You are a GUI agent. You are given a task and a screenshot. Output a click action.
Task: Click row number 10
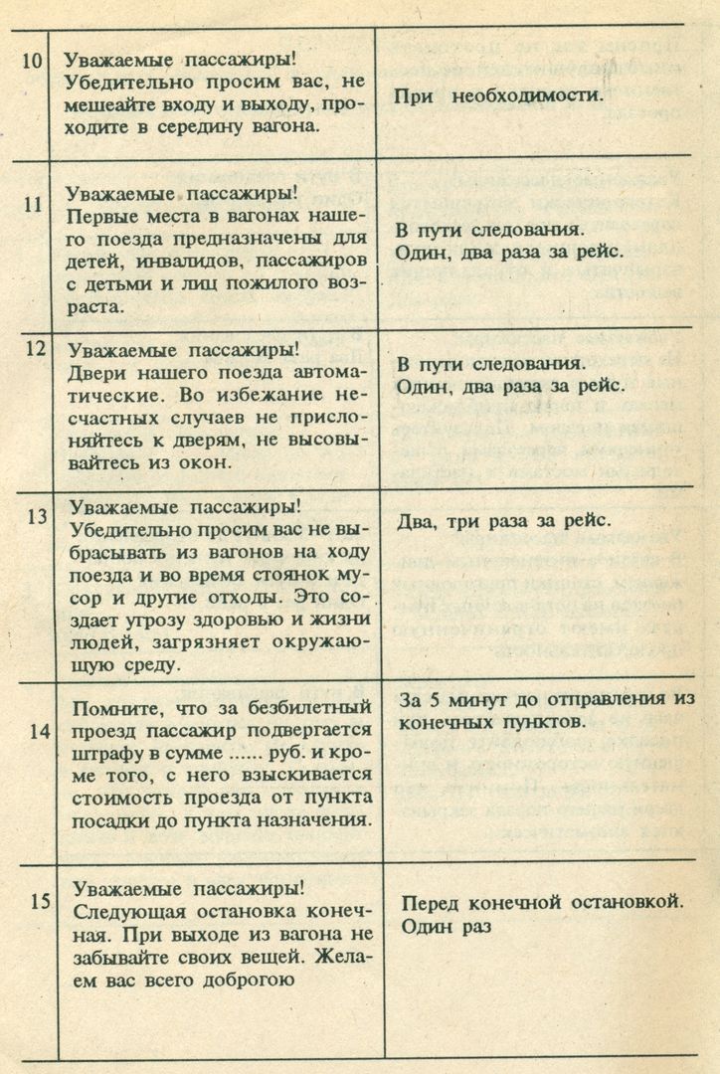pos(31,59)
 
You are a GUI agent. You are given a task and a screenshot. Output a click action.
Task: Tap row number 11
pos(31,205)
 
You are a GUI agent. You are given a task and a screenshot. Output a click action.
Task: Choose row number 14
pos(39,731)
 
